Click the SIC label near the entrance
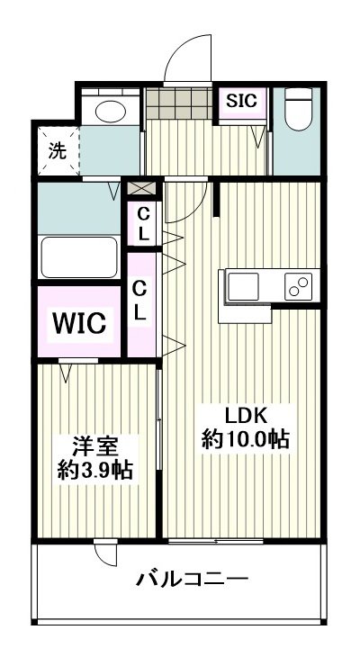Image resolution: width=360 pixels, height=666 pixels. click(x=241, y=101)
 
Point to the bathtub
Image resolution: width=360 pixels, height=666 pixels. click(x=80, y=257)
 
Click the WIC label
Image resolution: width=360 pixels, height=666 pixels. click(x=80, y=322)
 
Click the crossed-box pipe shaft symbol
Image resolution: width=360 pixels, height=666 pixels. click(x=141, y=189)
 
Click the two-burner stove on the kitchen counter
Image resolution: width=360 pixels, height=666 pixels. click(x=298, y=287)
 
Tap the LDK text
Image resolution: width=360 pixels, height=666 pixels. click(x=246, y=417)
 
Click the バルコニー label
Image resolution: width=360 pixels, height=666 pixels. click(x=193, y=579)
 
